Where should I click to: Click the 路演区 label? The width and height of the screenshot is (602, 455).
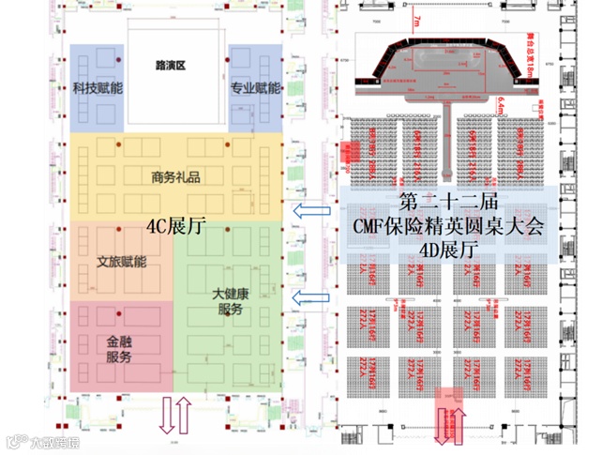tap(173, 66)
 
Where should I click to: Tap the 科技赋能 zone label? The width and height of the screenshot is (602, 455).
tap(97, 89)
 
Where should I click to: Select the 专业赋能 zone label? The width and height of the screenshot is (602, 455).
tap(255, 89)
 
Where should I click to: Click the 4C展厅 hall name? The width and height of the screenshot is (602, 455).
tap(176, 226)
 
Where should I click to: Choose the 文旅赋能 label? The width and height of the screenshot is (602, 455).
tap(122, 262)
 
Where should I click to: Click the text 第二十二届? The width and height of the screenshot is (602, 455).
tap(441, 202)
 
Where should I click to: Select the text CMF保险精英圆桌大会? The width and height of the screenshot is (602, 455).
tap(441, 226)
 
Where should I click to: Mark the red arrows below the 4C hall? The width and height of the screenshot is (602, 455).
tap(176, 416)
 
